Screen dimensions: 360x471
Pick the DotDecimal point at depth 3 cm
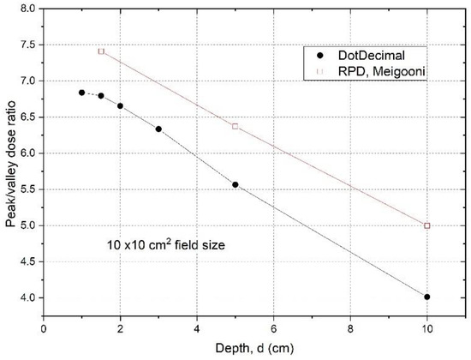[x=158, y=129]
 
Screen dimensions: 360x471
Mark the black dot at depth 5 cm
[x=235, y=185]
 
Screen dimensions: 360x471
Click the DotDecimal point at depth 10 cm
[x=427, y=297]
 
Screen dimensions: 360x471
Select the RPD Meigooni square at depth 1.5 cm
[x=101, y=51]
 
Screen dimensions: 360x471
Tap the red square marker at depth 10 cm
[x=427, y=225]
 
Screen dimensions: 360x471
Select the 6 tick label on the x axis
[x=274, y=327]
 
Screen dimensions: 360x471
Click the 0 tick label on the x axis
[x=44, y=327]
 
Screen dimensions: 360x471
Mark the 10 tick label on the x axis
[x=427, y=327]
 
